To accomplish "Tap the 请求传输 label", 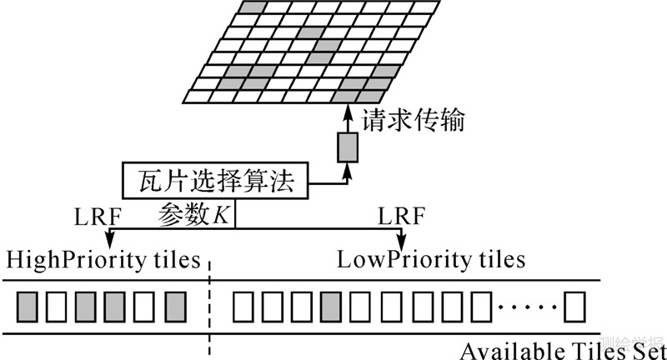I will [412, 120].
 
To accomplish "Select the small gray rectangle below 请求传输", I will [347, 147].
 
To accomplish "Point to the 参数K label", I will [194, 214].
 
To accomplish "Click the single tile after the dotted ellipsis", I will [575, 307].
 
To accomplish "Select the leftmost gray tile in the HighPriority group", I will [27, 307].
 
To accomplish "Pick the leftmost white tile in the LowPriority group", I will [243, 307].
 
